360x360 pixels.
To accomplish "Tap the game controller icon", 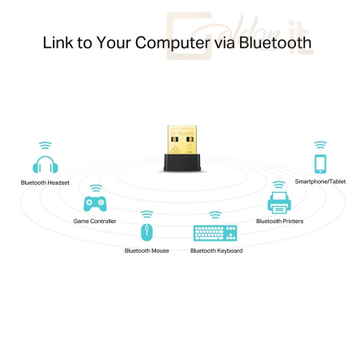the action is point(95,204).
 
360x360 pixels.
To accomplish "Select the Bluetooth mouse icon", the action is point(146,232).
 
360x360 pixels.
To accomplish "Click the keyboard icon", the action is point(215,233).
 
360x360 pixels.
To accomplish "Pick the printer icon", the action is point(279,203).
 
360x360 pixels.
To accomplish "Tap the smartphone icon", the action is point(320,164).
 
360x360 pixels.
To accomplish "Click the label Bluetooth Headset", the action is point(45,182).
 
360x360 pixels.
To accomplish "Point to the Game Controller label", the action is point(94,221).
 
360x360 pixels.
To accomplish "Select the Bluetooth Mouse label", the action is point(146,250).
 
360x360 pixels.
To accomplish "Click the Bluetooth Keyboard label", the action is point(217,250).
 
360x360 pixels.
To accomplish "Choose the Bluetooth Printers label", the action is point(280,221).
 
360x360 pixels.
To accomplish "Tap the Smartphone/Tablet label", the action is point(320,182).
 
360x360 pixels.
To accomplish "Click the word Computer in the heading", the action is point(173,42).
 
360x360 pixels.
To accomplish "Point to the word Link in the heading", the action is point(58,42).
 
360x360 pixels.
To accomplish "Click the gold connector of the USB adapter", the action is point(182,140).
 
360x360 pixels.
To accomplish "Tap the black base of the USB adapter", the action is point(182,162).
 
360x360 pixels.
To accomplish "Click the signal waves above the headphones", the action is point(46,145).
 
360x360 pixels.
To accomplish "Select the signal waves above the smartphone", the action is point(320,145).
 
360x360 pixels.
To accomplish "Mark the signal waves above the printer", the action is point(279,185).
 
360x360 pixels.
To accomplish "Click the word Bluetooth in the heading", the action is point(275,42).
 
